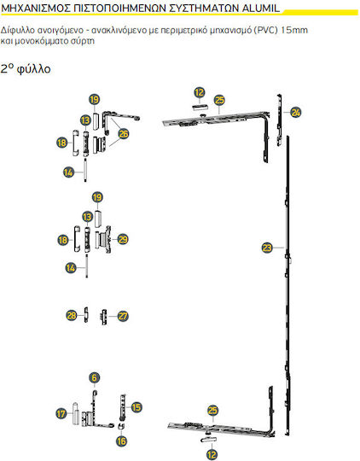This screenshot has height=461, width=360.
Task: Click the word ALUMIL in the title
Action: tap(261, 9)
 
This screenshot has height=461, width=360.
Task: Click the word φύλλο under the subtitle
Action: tap(34, 69)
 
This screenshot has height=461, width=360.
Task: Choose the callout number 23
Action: tap(267, 248)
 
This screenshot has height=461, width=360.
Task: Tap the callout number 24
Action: tap(296, 112)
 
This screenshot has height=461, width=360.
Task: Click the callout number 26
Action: tap(124, 134)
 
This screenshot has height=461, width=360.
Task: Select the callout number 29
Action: tap(123, 239)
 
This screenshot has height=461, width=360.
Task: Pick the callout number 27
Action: tap(123, 316)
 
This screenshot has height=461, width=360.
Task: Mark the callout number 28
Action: tap(72, 316)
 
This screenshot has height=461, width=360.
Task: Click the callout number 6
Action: tap(95, 377)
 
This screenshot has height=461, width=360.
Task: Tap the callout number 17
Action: tap(61, 414)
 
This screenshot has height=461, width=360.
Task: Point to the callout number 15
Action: tap(136, 407)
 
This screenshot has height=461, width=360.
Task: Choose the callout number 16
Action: tap(121, 441)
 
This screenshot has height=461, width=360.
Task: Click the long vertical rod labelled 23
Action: tap(287, 265)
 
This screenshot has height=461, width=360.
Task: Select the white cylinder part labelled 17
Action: tap(76, 414)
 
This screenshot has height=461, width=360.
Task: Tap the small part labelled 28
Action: tap(86, 315)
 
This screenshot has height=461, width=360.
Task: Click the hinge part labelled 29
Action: tap(104, 239)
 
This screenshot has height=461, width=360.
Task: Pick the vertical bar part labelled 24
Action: tap(280, 120)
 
